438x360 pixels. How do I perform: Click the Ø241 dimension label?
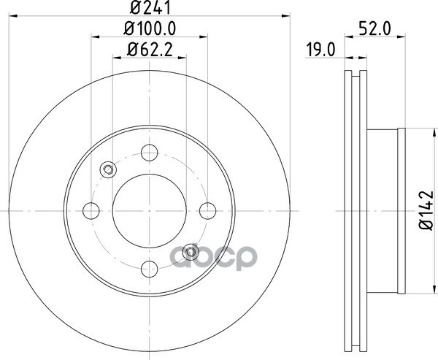pos(150,7)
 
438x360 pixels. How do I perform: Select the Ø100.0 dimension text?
pos(150,28)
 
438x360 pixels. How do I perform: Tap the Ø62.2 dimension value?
pos(150,50)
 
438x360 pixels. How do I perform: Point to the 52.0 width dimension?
pos(374,28)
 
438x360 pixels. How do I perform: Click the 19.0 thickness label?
pos(320,50)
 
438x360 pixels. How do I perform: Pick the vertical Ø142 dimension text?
pos(427,210)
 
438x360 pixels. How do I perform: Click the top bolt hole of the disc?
pos(150,153)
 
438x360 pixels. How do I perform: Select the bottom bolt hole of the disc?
pos(150,269)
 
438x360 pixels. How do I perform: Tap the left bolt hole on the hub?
pos(91,211)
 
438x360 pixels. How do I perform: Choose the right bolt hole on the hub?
pos(208,211)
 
